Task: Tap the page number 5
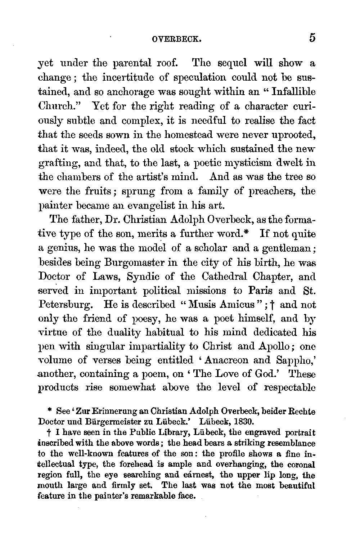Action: click(312, 38)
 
